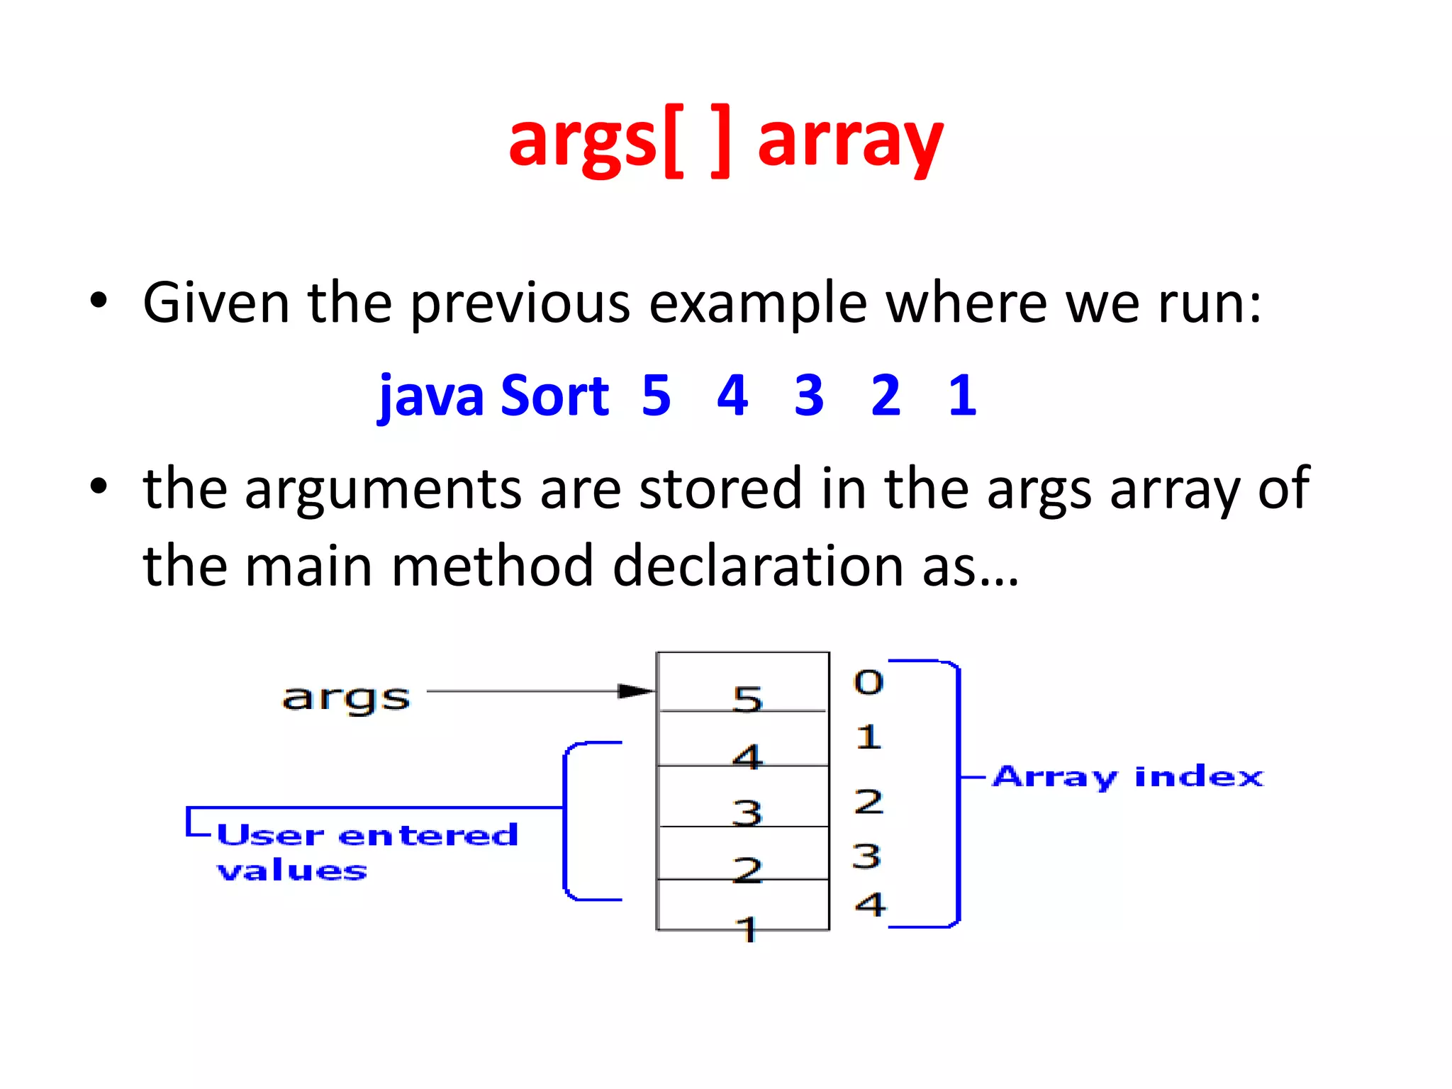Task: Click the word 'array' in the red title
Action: tap(850, 142)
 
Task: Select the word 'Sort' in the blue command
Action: tap(554, 396)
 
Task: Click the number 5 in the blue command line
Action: tap(656, 396)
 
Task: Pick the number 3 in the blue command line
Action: tap(809, 396)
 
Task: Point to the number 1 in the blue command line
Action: tap(962, 396)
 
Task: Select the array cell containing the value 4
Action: tap(743, 739)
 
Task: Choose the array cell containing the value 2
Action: tap(743, 854)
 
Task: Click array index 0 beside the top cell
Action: tap(869, 682)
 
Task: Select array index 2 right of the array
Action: tap(869, 802)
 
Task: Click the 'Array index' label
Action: tap(1127, 777)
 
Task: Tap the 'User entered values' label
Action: tap(367, 851)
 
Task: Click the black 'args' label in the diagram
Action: tap(346, 698)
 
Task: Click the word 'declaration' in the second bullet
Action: tap(758, 566)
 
